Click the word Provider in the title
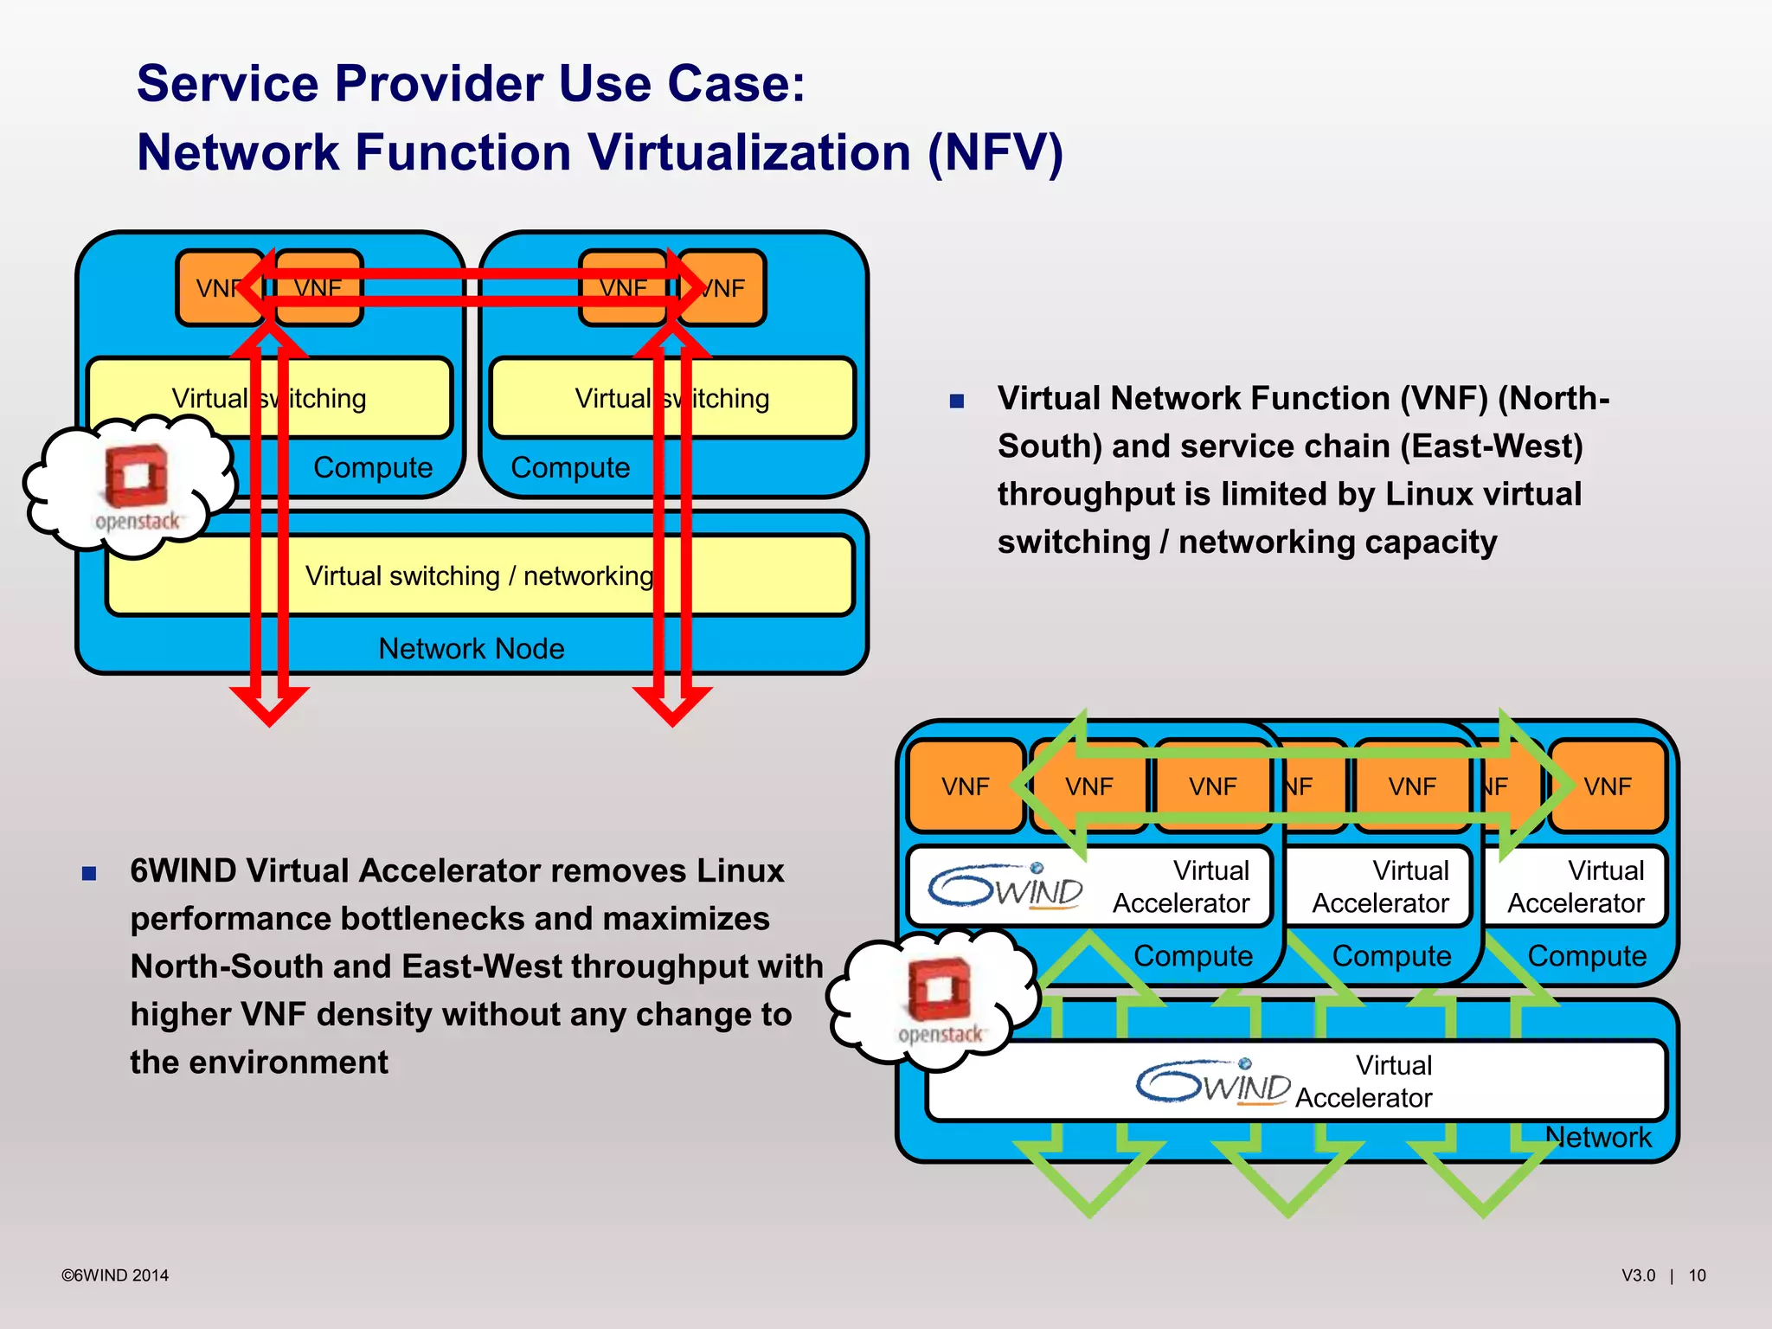(x=440, y=84)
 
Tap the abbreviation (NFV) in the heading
(x=995, y=153)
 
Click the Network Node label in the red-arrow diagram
(x=471, y=648)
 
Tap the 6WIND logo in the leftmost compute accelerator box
(x=1005, y=886)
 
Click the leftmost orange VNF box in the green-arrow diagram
(x=965, y=786)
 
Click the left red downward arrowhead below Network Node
(x=269, y=705)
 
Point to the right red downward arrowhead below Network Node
(x=672, y=705)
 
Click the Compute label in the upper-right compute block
(x=570, y=467)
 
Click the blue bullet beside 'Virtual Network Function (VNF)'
(x=956, y=401)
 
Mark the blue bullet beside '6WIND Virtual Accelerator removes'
(x=89, y=873)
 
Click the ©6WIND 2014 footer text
(x=115, y=1275)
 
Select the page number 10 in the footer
(x=1697, y=1275)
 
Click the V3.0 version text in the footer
(x=1638, y=1275)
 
